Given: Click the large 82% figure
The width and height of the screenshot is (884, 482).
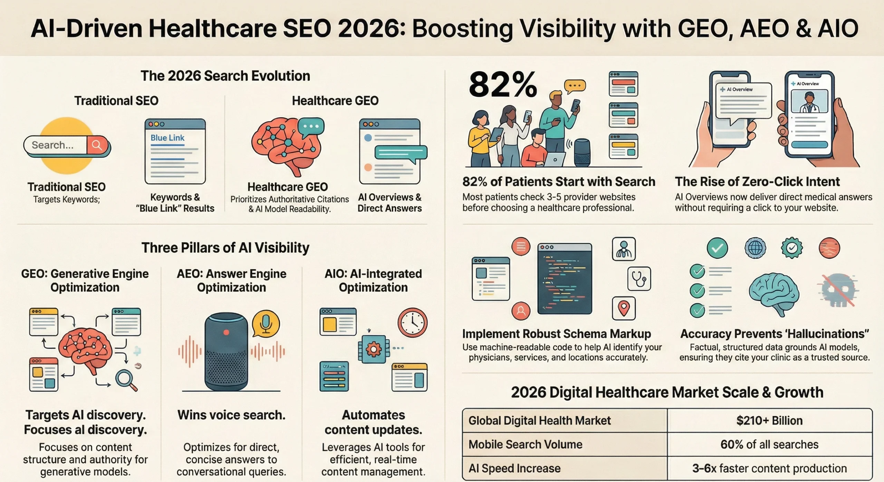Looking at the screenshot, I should coord(502,85).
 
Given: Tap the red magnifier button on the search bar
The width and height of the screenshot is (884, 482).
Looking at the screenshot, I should coord(97,145).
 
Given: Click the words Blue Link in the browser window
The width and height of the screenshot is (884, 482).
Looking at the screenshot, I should coord(167,138).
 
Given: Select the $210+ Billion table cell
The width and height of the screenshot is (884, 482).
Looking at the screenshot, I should coord(769,421).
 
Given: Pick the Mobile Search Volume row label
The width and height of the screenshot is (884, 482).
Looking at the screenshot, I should coord(525,444).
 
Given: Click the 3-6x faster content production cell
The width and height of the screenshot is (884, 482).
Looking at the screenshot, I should coord(769,468).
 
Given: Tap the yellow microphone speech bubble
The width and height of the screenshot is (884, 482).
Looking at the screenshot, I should coord(266,323).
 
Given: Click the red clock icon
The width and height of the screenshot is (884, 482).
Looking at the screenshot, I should coord(412,323).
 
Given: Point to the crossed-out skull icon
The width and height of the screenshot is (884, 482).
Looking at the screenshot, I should coord(837,290).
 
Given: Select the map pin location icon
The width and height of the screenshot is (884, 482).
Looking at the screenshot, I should coord(624,308).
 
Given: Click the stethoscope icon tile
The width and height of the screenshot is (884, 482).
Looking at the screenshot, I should coord(639,278).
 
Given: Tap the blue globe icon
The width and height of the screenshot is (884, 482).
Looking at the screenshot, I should coord(755,248).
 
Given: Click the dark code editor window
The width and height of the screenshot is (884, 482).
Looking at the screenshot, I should coord(565,279).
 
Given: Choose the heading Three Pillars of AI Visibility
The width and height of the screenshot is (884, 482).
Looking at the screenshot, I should coord(225,248).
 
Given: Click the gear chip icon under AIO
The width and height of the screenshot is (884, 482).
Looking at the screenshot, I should coord(373,349).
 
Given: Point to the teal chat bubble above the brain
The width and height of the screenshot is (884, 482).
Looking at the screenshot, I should coord(311,127).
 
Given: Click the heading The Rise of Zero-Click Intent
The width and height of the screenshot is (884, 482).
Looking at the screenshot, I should coord(757,181).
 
